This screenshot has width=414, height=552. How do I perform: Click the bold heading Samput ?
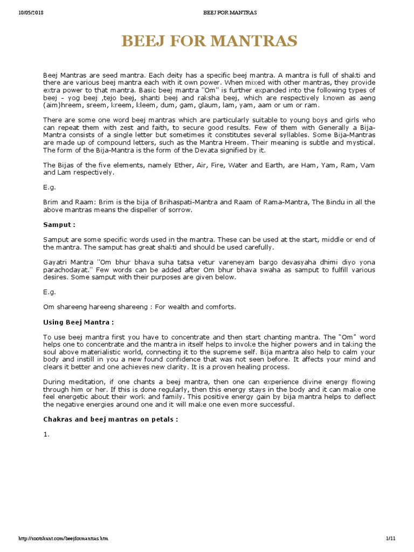click(x=59, y=224)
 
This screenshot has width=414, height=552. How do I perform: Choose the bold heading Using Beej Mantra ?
click(x=78, y=322)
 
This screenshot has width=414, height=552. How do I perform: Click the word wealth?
click(x=177, y=307)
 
